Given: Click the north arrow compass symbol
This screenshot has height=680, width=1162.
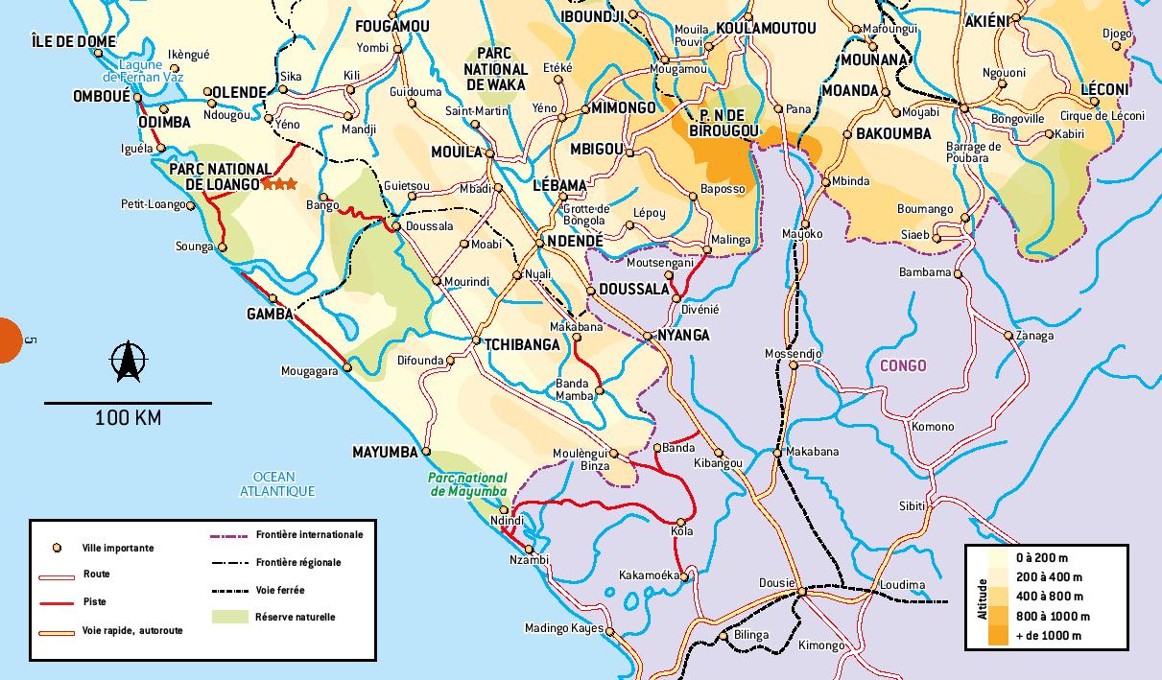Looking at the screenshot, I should (128, 362).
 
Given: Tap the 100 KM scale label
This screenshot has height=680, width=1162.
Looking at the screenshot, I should (128, 418).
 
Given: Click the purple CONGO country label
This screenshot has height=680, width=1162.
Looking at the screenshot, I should (903, 365).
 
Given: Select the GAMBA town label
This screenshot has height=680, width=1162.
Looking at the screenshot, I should (270, 315).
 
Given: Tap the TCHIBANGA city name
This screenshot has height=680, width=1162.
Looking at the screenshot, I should (521, 345).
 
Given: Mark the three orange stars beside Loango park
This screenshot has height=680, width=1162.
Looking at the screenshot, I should (281, 183).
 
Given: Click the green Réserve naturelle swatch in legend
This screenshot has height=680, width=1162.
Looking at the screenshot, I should (230, 618).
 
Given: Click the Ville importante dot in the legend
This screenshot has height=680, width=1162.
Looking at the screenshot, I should (57, 548).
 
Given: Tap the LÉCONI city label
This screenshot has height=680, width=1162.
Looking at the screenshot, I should (1104, 90).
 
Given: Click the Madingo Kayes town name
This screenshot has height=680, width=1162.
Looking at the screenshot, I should (563, 629).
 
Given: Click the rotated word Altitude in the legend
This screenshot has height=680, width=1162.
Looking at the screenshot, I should (983, 598).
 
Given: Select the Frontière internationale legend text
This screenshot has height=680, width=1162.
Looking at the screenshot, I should (309, 534).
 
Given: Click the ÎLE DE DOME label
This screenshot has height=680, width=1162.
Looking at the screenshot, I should (73, 41).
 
